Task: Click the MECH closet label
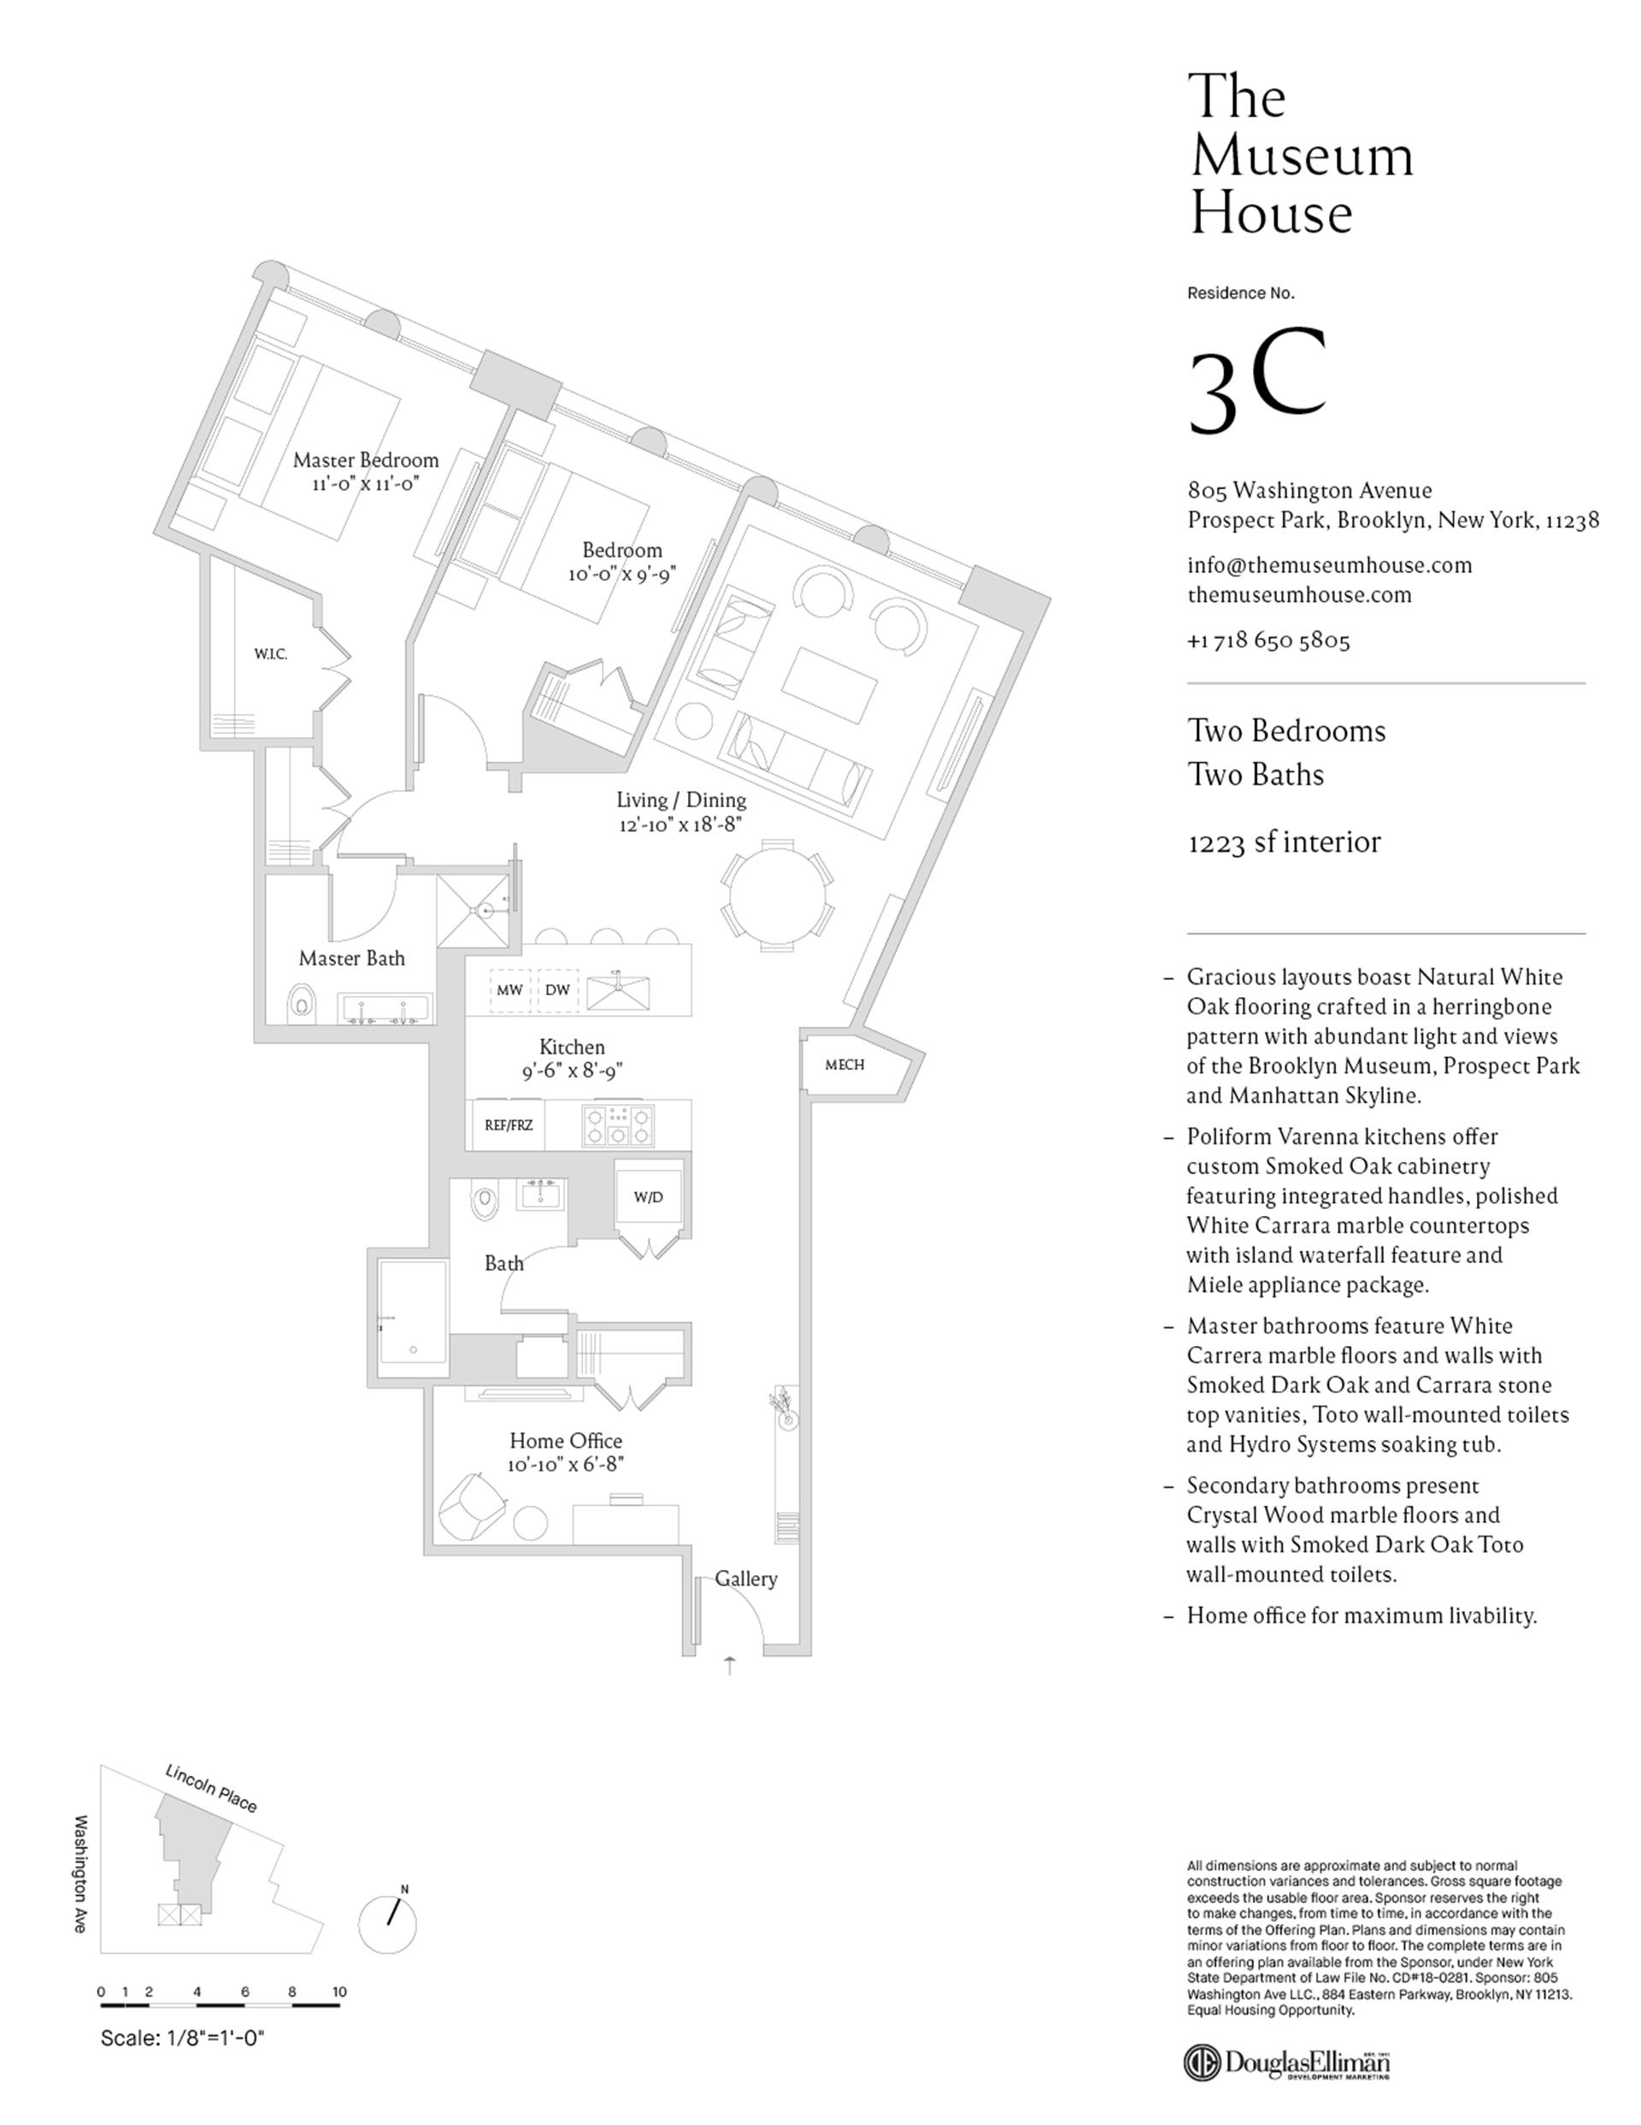[x=844, y=1065]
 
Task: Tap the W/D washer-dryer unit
[x=648, y=1197]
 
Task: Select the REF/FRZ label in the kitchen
[x=509, y=1125]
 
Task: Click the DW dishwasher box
[x=557, y=990]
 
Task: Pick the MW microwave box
[x=509, y=990]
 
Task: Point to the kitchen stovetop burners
[x=618, y=1125]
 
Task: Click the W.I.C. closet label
[x=270, y=655]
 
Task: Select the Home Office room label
[x=565, y=1441]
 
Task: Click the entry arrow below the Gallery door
[x=731, y=1665]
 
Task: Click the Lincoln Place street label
[x=211, y=1788]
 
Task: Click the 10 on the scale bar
[x=339, y=1992]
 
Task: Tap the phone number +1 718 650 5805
[x=1268, y=640]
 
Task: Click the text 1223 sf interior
[x=1284, y=841]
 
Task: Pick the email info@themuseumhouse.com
[x=1329, y=565]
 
